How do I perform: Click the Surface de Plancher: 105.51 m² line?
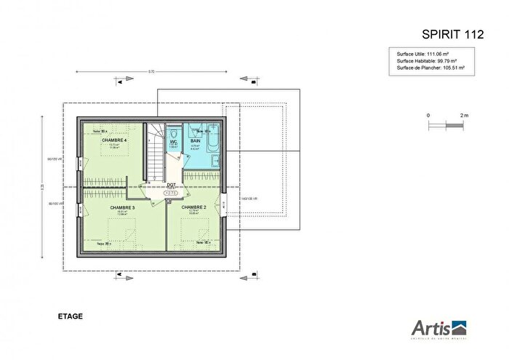[x=430, y=68]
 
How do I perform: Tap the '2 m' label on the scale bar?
[x=464, y=116]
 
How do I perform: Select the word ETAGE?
[x=70, y=316]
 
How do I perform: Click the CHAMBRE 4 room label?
[x=114, y=140]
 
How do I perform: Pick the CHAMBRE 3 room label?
[x=122, y=207]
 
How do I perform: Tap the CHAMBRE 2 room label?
[x=193, y=207]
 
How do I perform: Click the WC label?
[x=174, y=141]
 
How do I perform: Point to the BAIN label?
[x=195, y=140]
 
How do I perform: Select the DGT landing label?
[x=171, y=185]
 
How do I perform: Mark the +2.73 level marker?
[x=171, y=193]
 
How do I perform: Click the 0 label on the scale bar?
[x=428, y=116]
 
